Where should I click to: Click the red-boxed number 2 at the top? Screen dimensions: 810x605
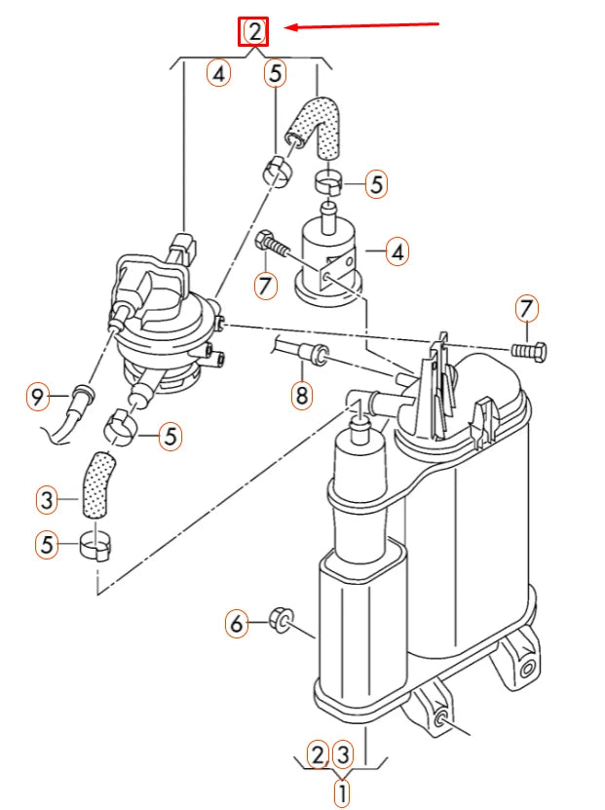(x=254, y=31)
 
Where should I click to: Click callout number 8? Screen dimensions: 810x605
(x=301, y=396)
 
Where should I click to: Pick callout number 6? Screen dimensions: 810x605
(x=236, y=622)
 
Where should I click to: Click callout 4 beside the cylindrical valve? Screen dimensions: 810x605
(x=396, y=252)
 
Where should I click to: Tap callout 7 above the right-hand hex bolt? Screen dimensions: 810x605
(x=526, y=310)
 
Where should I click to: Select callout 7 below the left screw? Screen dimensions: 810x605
(x=262, y=286)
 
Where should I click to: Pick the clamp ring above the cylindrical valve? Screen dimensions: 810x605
(x=329, y=181)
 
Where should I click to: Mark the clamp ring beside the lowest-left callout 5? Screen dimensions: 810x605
(x=95, y=548)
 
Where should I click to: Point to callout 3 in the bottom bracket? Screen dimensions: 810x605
(x=342, y=753)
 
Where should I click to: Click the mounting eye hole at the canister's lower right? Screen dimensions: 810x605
(x=527, y=670)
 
